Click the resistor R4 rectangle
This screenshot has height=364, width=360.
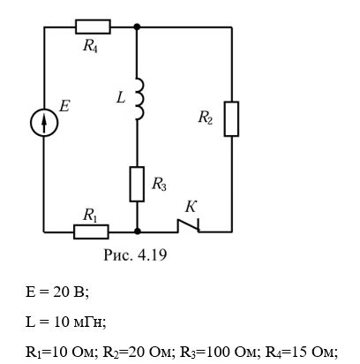click(x=93, y=27)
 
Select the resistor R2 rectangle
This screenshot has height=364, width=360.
click(x=231, y=119)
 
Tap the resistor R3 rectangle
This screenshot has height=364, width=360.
click(x=137, y=184)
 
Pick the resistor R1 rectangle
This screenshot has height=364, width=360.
click(x=91, y=231)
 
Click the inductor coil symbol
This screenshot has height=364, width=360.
click(x=140, y=99)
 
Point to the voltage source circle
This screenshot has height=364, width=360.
click(x=44, y=122)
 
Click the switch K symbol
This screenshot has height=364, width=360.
click(x=189, y=226)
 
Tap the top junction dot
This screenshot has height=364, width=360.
click(x=137, y=27)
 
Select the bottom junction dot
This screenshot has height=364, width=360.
click(x=137, y=231)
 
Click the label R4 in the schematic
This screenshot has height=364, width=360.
click(x=90, y=46)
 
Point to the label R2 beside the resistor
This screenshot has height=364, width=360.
click(x=206, y=118)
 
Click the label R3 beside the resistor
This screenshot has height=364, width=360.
click(x=159, y=185)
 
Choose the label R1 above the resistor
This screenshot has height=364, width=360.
click(x=90, y=216)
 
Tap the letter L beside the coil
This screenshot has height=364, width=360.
click(x=121, y=97)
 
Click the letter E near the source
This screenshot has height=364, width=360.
click(x=64, y=106)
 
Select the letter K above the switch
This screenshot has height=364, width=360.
click(x=191, y=208)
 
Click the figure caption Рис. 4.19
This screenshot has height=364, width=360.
click(x=135, y=255)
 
